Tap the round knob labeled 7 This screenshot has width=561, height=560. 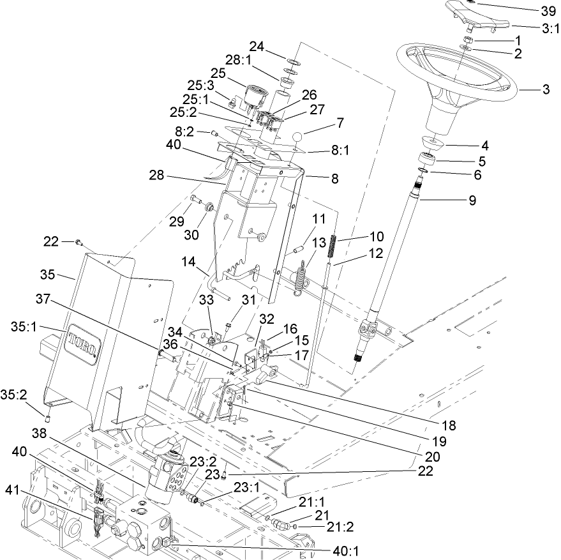tap(297, 137)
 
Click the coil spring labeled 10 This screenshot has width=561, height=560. tap(333, 248)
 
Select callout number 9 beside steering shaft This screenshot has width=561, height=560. tap(472, 199)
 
